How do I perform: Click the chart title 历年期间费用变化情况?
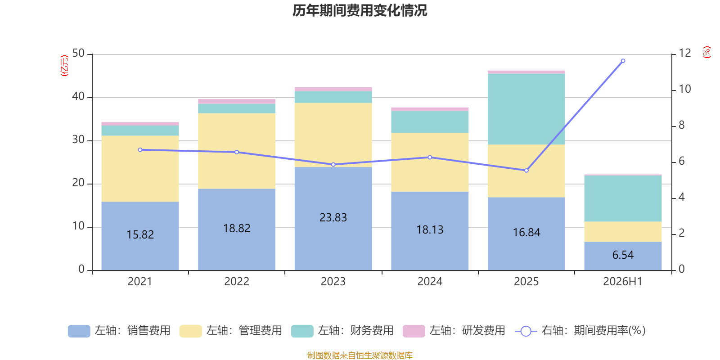(360, 11)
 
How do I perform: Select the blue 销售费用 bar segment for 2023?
(333, 219)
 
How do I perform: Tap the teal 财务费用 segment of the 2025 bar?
(526, 109)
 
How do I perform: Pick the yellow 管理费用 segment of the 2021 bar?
(140, 168)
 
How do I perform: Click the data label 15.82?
(140, 234)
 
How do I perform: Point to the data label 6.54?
(623, 255)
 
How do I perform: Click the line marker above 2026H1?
(623, 61)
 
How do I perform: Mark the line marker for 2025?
(526, 171)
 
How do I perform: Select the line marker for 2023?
(333, 165)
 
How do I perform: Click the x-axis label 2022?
(237, 282)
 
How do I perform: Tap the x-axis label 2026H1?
(623, 282)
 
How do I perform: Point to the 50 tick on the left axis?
(78, 54)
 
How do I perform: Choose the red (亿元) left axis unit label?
(65, 66)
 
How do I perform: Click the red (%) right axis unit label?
(706, 52)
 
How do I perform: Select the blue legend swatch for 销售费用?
(79, 331)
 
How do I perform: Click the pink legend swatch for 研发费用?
(414, 331)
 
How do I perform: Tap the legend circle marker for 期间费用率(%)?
(526, 331)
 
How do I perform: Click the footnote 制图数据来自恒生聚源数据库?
(360, 355)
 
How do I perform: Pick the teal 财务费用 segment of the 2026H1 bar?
(623, 198)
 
